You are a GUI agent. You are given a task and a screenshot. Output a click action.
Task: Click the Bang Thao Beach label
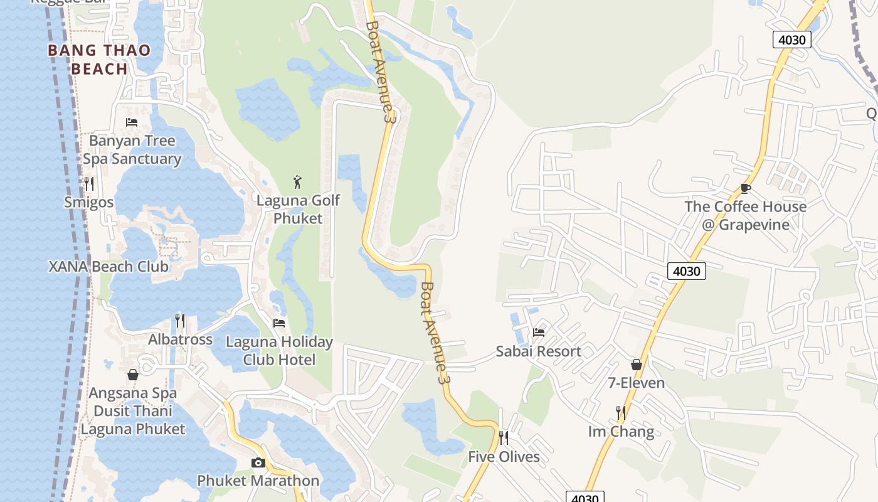point(99,60)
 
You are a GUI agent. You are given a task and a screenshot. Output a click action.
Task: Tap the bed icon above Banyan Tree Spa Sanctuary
point(132,122)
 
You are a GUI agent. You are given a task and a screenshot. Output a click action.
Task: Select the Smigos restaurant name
point(89,202)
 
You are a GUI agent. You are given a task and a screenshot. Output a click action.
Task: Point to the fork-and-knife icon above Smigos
point(89,183)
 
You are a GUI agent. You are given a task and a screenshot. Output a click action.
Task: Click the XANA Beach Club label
point(108,267)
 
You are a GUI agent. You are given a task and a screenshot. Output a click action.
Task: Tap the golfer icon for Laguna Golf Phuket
point(298,182)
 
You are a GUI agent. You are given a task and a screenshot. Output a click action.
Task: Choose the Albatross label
point(180,339)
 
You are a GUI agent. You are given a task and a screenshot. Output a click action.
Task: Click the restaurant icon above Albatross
point(180,320)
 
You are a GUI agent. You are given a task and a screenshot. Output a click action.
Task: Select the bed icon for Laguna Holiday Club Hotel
point(279,323)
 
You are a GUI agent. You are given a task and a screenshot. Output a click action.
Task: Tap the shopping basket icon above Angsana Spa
point(133,375)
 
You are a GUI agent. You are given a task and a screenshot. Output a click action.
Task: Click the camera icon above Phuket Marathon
point(258,462)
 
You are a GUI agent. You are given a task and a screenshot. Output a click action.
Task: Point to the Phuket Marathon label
point(258,481)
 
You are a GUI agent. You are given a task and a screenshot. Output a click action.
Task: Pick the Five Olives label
point(504,457)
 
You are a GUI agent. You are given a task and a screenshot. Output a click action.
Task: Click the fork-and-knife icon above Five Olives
point(504,437)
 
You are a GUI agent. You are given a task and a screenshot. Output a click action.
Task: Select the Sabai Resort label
point(538,351)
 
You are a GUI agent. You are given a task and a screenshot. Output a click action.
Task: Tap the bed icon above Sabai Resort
point(538,332)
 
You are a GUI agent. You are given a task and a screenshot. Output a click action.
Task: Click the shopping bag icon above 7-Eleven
point(637,365)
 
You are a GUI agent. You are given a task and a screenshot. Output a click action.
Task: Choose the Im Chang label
point(621,432)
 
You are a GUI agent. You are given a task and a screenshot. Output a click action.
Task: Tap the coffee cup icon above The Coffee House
point(745,188)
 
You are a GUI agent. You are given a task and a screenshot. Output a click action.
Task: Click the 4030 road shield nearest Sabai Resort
point(686,271)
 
